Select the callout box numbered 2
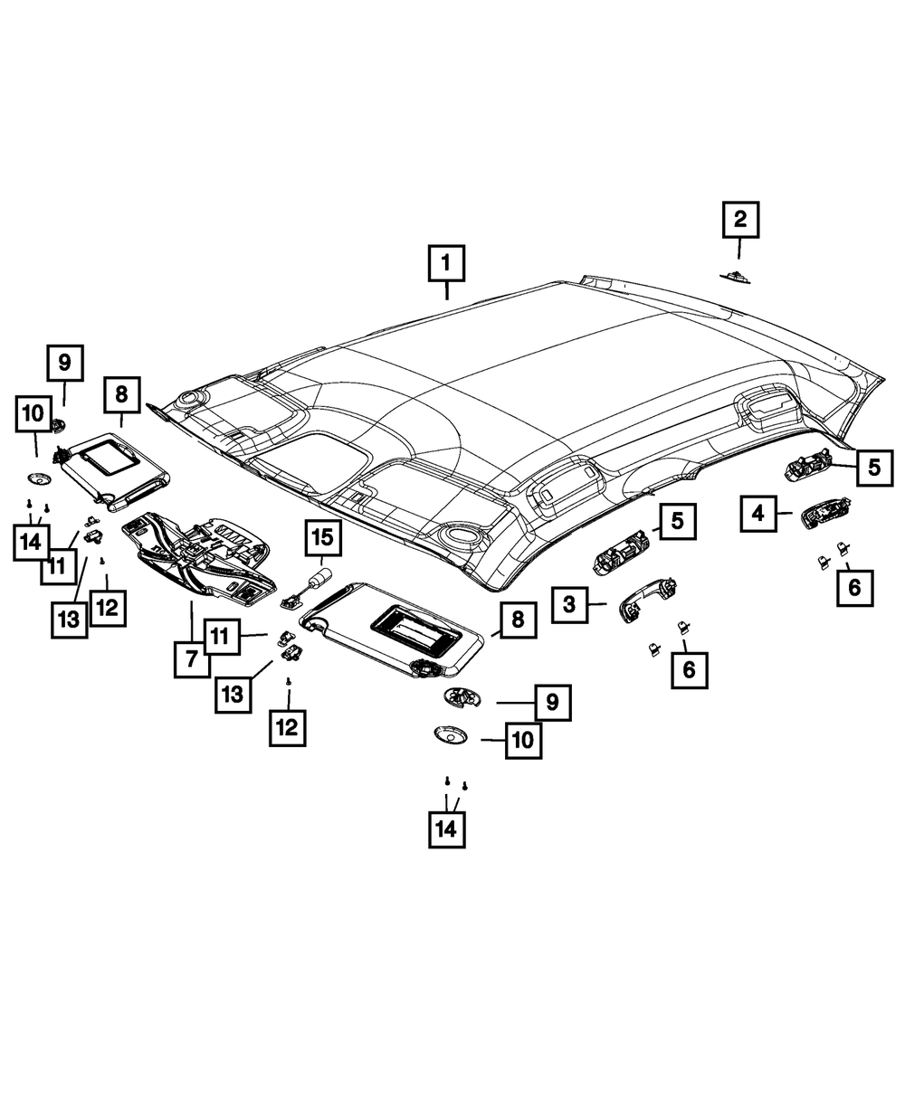[740, 220]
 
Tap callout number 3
[569, 604]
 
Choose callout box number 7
[192, 658]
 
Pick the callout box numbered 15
[322, 539]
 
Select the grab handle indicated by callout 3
[643, 599]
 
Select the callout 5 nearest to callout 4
[873, 467]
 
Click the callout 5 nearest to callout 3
[677, 522]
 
